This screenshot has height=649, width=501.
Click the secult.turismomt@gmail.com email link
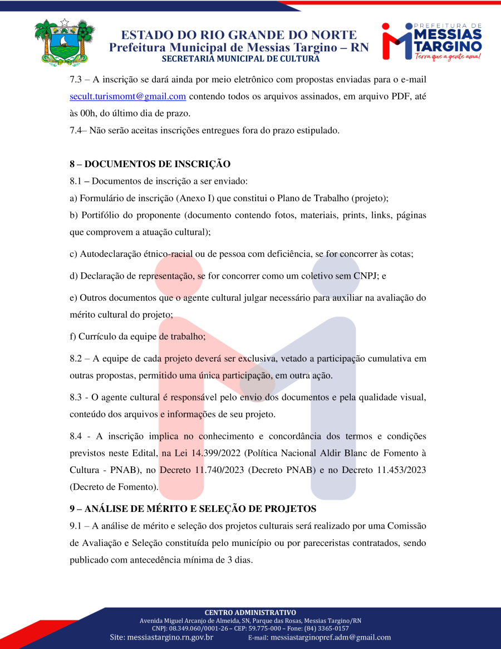pos(127,96)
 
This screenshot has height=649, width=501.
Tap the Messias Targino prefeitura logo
pos(431,42)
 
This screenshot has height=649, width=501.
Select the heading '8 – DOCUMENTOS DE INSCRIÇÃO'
pos(150,164)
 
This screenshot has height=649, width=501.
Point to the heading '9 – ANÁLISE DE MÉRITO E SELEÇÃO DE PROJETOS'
pos(193,509)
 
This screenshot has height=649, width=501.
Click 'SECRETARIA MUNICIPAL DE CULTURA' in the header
pos(240,59)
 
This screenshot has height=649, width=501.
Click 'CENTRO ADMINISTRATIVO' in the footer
pos(250,612)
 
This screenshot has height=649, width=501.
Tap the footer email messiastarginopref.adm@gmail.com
pos(331,637)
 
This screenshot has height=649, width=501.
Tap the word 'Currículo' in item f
pos(99,336)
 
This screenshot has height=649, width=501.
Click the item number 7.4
pos(77,130)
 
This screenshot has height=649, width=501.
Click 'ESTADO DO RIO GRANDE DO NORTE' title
pos(239,35)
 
